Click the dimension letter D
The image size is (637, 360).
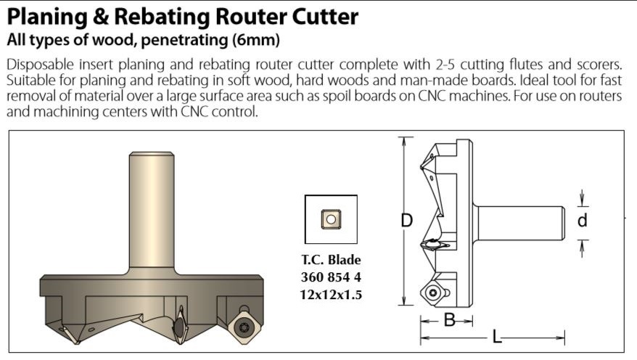click(407, 221)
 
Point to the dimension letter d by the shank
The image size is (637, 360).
click(583, 221)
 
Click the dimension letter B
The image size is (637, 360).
click(449, 320)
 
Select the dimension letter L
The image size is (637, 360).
click(496, 337)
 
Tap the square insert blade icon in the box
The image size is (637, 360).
click(331, 218)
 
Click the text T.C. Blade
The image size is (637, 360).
click(331, 260)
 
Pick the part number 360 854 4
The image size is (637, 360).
click(331, 277)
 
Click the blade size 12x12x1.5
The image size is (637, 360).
click(331, 295)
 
